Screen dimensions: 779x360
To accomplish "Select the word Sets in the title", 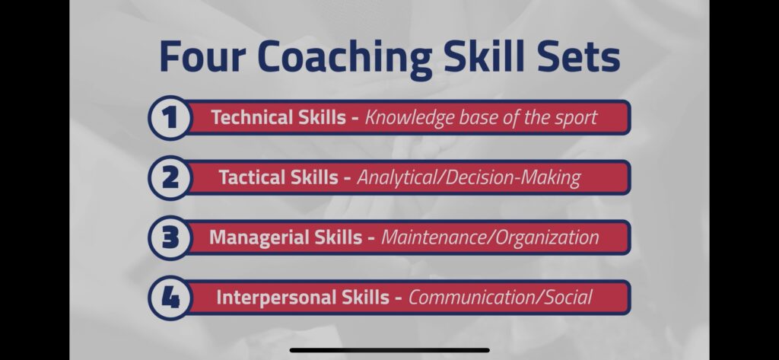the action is click(x=580, y=56).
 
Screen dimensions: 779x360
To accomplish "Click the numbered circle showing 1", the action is click(x=170, y=118).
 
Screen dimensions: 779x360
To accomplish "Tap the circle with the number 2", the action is click(x=170, y=178).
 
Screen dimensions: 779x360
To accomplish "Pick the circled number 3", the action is click(x=170, y=238).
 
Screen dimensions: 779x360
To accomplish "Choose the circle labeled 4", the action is click(x=170, y=298).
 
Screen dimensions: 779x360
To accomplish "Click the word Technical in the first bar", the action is click(x=252, y=117).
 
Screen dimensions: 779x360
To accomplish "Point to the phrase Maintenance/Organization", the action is click(x=490, y=238).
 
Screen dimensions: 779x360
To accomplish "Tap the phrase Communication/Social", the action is click(x=501, y=298).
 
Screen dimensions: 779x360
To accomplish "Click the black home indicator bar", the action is click(x=389, y=351).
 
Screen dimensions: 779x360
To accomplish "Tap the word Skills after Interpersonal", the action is click(x=365, y=298).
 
